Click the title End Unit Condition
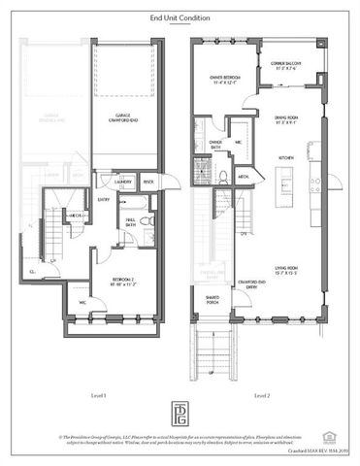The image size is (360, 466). [180, 17]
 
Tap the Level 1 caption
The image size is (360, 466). [98, 394]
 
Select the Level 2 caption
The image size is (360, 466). [260, 394]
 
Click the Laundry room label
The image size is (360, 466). [123, 181]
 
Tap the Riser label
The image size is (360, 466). [148, 181]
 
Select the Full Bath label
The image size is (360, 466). [129, 222]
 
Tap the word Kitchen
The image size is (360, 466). [287, 156]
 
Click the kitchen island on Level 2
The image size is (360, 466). [286, 180]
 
